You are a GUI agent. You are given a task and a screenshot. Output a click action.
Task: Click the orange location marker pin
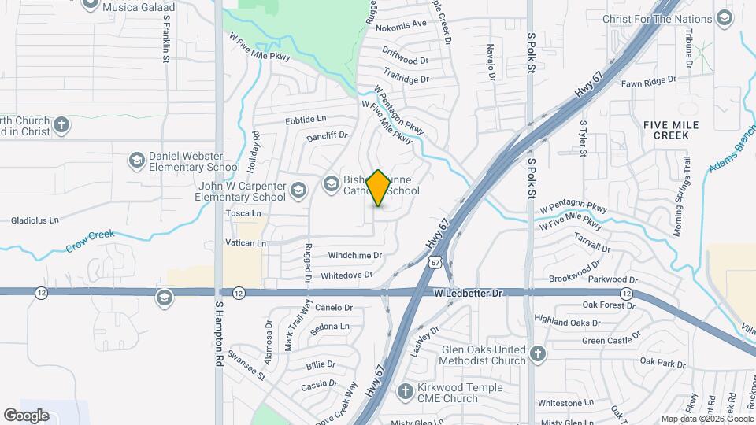pos(379,188)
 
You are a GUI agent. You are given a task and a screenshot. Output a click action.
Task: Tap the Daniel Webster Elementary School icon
pos(137,161)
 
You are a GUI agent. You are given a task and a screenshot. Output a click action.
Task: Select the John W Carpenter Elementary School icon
pos(298,189)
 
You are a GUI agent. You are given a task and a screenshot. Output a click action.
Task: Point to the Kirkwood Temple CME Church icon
pos(405,391)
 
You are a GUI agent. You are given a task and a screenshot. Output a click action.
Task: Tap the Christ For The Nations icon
pos(725,19)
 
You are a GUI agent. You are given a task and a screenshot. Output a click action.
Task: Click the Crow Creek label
pos(90,241)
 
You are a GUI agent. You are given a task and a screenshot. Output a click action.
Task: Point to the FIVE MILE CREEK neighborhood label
pos(665,130)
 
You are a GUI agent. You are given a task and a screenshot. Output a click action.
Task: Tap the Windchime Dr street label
pos(354,255)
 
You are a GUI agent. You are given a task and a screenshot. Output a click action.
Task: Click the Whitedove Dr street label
pos(346,275)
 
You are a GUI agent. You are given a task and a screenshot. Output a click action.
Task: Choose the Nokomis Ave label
pos(401,24)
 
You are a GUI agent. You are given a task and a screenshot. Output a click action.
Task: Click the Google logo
pos(26,415)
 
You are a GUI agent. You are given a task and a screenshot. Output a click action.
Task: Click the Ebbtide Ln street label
pos(306,120)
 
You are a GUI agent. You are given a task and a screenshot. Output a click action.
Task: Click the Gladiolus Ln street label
pos(35,221)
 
